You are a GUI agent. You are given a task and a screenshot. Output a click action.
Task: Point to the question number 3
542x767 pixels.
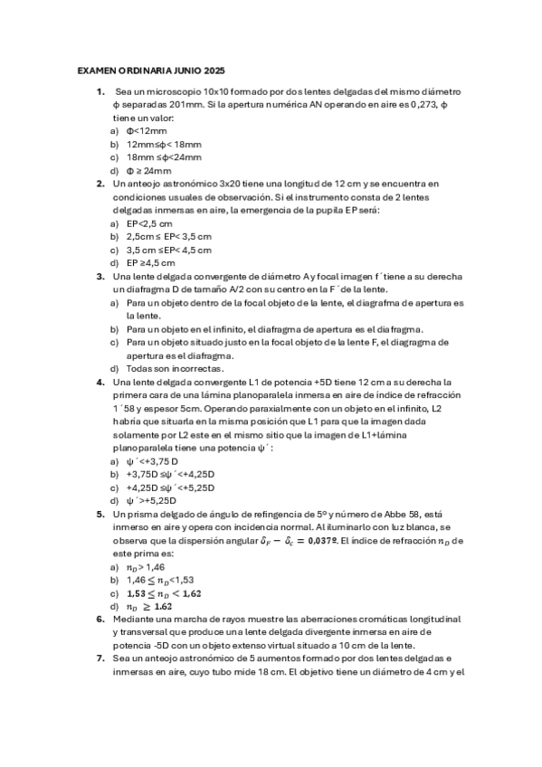(x=100, y=277)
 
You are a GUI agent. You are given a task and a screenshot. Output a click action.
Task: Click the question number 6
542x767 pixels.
(x=100, y=620)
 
